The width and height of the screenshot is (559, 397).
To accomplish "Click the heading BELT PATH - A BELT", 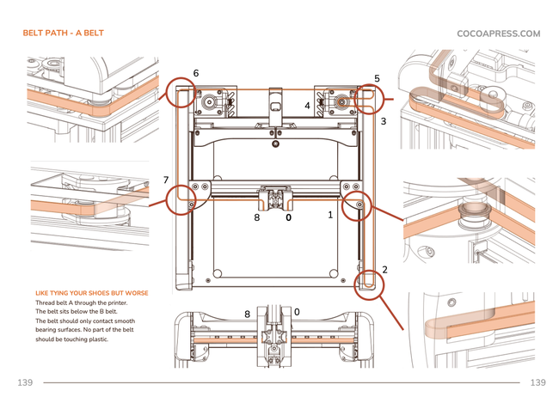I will point(64,34).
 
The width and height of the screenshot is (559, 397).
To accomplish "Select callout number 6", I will point(196,74).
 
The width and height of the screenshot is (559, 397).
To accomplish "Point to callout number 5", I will point(377,78).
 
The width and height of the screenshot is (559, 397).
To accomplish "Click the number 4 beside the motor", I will point(307,105).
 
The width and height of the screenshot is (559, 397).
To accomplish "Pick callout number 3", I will point(384,121).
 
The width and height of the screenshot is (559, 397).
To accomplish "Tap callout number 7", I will point(166,180).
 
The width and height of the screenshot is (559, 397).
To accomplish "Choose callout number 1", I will point(330,215).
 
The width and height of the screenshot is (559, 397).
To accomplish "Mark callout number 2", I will point(384,270).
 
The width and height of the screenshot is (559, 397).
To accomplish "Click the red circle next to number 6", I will point(181,93).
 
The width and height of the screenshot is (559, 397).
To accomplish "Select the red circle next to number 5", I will point(366,97).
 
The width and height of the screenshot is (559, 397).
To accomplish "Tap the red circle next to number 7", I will point(182,198).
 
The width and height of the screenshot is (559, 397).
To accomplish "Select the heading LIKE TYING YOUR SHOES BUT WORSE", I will point(91,293).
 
